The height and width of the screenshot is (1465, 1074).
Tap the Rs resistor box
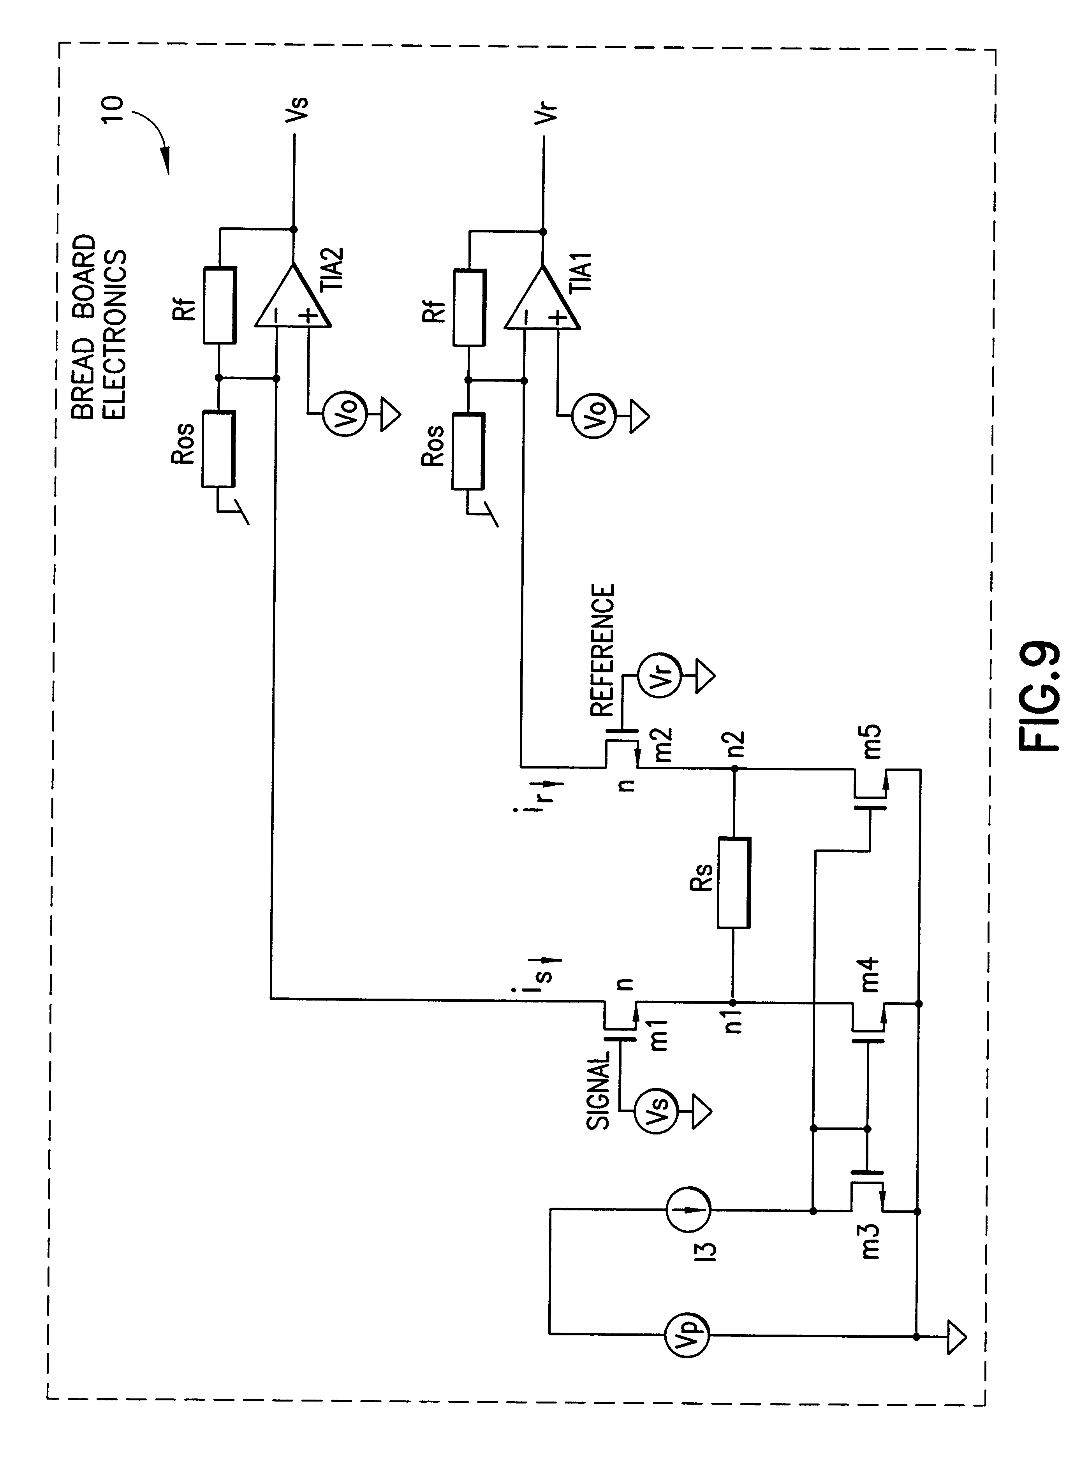pyautogui.click(x=734, y=882)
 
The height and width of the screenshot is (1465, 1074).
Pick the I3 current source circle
pyautogui.click(x=688, y=1208)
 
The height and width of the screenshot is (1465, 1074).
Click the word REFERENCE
pyautogui.click(x=602, y=650)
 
